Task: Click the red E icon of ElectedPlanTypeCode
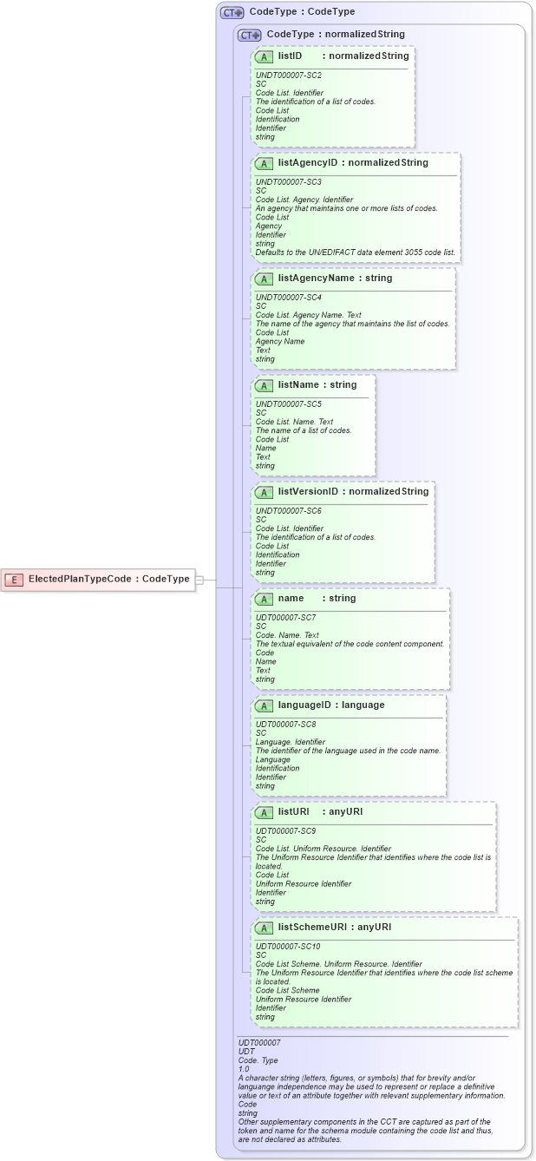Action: click(15, 580)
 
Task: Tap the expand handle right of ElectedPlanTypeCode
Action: click(199, 580)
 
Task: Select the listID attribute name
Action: click(290, 56)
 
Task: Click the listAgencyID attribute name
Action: click(308, 163)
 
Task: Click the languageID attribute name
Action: click(306, 705)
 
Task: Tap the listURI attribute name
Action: click(294, 812)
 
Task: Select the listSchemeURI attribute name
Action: click(315, 928)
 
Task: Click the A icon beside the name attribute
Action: click(264, 599)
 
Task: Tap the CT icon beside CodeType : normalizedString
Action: click(250, 35)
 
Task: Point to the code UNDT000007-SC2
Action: click(282, 75)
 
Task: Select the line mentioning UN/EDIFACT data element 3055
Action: click(355, 253)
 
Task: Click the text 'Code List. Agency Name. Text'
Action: click(308, 315)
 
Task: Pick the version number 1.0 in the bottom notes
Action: click(244, 1069)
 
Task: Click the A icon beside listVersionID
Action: click(264, 492)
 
